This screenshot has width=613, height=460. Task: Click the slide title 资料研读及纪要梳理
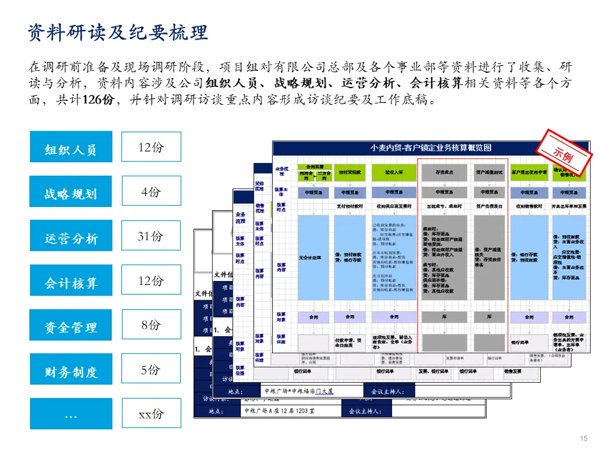[x=118, y=33]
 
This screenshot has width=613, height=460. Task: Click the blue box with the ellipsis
[x=71, y=413]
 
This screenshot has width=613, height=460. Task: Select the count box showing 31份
[x=151, y=236]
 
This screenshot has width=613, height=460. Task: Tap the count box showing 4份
[x=151, y=192]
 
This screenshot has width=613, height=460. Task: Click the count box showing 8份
[x=151, y=325]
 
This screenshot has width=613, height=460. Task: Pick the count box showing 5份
[x=151, y=369]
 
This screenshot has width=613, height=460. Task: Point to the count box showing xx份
[x=151, y=413]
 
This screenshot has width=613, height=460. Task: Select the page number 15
[x=582, y=438]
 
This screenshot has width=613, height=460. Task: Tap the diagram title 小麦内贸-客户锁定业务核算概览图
[x=431, y=148]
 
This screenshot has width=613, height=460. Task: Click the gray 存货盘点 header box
[x=444, y=172]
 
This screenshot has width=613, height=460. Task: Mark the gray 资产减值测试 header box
[x=490, y=172]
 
